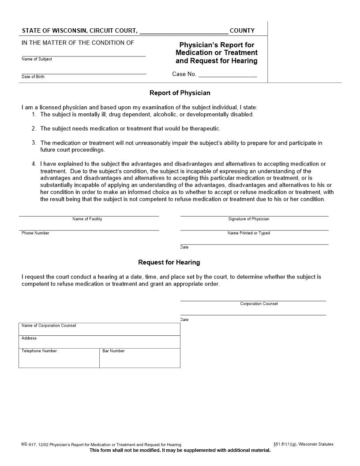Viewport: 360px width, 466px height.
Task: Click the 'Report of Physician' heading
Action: click(x=180, y=93)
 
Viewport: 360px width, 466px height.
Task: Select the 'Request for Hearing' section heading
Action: click(x=169, y=263)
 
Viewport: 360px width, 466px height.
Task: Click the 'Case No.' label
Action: click(x=184, y=74)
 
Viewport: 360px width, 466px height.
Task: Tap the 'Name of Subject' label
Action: click(x=37, y=59)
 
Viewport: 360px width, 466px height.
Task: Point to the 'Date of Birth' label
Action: click(x=33, y=77)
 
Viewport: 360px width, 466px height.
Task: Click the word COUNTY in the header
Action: click(x=242, y=31)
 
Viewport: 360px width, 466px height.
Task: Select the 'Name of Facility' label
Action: click(x=87, y=219)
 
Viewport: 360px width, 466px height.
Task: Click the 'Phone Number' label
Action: click(x=35, y=233)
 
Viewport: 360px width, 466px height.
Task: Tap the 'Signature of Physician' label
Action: click(x=248, y=219)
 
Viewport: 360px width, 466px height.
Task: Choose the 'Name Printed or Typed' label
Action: click(x=248, y=233)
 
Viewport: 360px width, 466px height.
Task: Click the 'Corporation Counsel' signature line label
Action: click(x=259, y=304)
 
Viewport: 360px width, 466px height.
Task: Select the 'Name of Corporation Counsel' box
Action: click(x=99, y=329)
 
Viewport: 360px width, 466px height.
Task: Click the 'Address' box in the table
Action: click(x=99, y=342)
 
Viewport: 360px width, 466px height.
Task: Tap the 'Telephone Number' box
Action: click(x=59, y=358)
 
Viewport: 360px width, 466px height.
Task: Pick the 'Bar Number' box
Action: click(x=139, y=358)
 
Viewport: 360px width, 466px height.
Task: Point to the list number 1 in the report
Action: click(x=34, y=115)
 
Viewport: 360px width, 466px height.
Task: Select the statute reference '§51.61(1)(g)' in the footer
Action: click(x=285, y=444)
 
